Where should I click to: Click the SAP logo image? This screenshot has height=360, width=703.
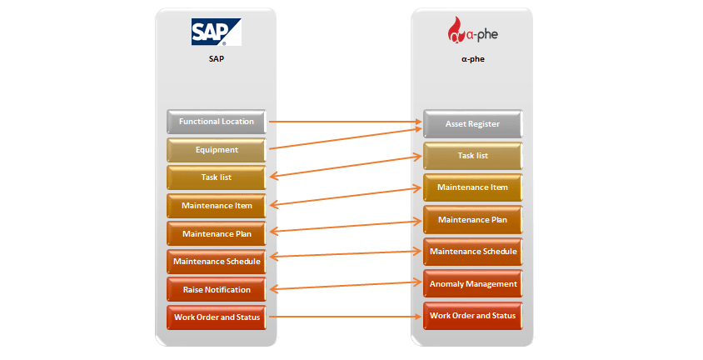216,32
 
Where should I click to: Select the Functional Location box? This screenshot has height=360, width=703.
217,122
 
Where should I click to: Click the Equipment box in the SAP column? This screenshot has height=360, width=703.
217,150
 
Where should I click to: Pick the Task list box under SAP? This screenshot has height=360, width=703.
217,177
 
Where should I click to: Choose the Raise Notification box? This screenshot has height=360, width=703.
217,290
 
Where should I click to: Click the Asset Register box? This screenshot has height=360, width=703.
473,123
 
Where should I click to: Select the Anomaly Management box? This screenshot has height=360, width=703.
473,284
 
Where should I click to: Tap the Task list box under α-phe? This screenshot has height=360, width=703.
473,156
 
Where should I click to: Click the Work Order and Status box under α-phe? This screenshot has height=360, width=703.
473,316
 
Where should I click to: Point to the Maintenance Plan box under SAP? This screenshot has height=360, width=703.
217,233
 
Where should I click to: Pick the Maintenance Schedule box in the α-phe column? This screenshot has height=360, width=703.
473,252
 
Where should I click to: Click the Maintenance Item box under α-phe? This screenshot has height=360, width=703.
473,187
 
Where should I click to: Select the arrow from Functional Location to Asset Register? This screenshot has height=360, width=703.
345,122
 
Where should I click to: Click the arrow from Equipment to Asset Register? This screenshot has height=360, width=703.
345,138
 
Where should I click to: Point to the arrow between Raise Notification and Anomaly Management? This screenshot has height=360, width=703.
345,286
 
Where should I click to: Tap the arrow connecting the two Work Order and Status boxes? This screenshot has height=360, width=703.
345,317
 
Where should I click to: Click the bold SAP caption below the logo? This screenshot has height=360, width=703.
216,58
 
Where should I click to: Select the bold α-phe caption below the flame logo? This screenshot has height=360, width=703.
472,59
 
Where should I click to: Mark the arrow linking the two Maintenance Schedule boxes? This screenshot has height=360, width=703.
345,254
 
